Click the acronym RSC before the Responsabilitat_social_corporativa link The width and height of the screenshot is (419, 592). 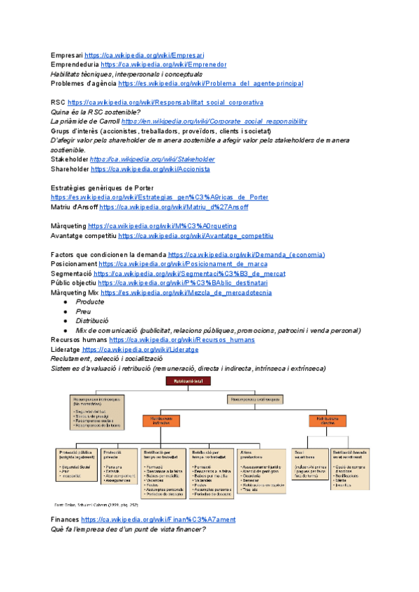(58, 103)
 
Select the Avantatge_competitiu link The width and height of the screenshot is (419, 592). (196, 236)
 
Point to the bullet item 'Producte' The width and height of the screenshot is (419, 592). (89, 302)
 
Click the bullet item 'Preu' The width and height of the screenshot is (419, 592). (83, 311)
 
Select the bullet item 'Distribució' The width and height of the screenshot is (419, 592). (94, 321)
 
